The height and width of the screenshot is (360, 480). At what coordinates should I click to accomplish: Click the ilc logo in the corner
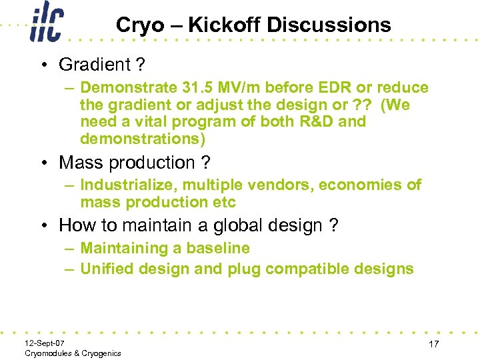click(x=46, y=22)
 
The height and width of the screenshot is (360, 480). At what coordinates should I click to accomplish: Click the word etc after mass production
click(x=223, y=202)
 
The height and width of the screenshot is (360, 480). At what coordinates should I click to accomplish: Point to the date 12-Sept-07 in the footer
click(x=45, y=343)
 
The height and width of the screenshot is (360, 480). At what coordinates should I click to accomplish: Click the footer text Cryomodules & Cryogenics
click(x=73, y=353)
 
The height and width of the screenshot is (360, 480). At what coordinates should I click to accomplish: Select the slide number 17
click(x=434, y=344)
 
